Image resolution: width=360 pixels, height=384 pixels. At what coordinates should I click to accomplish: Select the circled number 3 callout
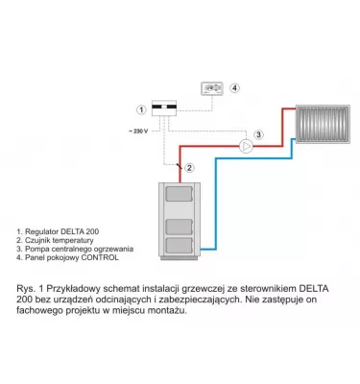click(x=257, y=133)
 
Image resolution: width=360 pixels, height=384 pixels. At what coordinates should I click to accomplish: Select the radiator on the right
click(x=323, y=126)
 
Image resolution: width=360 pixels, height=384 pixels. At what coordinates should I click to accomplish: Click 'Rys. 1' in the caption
click(x=31, y=287)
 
